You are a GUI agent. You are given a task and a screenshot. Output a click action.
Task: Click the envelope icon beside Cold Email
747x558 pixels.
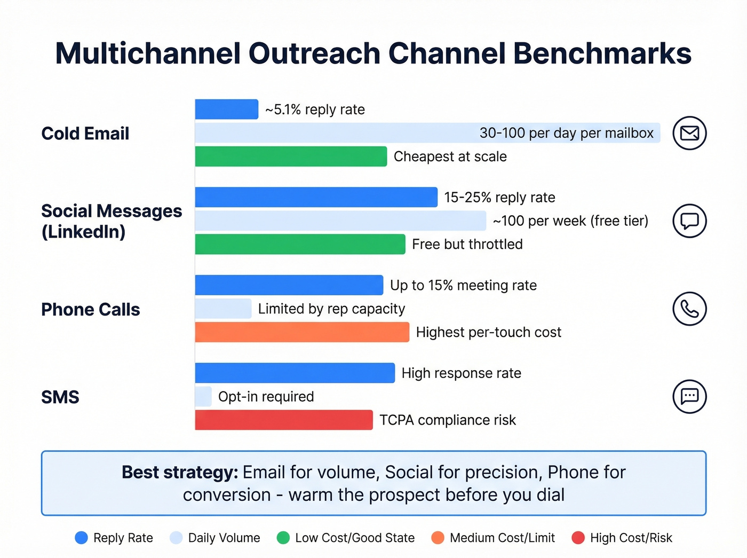pyautogui.click(x=689, y=133)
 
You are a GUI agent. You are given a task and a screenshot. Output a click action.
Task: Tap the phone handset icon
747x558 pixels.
pyautogui.click(x=689, y=309)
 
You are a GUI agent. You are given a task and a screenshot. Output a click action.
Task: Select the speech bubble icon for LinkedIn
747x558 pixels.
pyautogui.click(x=689, y=221)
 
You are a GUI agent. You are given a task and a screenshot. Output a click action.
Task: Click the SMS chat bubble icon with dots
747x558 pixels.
pyautogui.click(x=689, y=396)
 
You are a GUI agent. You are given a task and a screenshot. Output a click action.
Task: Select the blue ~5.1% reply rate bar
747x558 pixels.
pyautogui.click(x=226, y=109)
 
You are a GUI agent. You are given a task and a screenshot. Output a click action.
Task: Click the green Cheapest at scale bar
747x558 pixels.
pyautogui.click(x=291, y=156)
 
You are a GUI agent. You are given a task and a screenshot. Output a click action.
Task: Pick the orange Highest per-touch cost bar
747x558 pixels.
pyautogui.click(x=302, y=332)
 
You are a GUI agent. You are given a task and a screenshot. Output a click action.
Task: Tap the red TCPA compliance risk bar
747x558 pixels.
pyautogui.click(x=284, y=420)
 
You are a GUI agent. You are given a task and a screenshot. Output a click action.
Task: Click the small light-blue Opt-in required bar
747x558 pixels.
pyautogui.click(x=203, y=396)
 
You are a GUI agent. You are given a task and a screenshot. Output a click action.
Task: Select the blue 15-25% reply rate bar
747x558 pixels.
pyautogui.click(x=316, y=197)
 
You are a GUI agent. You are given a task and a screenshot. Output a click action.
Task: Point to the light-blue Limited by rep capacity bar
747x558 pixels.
pyautogui.click(x=223, y=309)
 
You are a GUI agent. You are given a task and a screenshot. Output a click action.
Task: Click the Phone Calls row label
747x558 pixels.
pyautogui.click(x=91, y=309)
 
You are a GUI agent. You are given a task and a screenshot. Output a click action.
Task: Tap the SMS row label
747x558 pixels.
pyautogui.click(x=60, y=397)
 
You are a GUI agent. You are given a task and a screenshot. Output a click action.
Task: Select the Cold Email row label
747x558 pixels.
pyautogui.click(x=85, y=133)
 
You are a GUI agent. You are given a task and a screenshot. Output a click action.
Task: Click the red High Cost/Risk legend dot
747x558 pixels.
pyautogui.click(x=578, y=538)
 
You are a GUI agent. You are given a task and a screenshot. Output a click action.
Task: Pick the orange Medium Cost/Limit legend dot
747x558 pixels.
pyautogui.click(x=438, y=538)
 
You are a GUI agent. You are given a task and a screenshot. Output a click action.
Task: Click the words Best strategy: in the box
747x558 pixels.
pyautogui.click(x=180, y=472)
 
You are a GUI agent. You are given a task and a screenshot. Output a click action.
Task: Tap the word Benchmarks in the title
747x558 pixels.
pyautogui.click(x=602, y=53)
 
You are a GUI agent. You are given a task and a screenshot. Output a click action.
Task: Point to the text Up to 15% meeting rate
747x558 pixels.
pyautogui.click(x=463, y=285)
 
